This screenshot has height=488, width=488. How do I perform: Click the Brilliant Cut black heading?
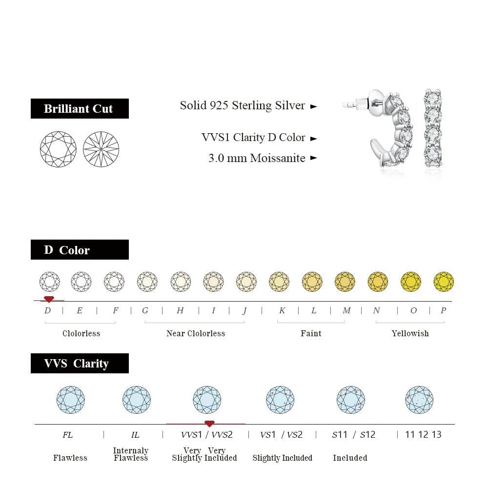tap(80, 108)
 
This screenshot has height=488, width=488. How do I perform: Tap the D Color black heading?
tap(80, 250)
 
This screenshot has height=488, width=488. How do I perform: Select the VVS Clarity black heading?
tap(80, 364)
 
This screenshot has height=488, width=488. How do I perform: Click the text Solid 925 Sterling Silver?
tap(243, 105)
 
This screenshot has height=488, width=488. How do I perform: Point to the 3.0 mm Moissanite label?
tap(257, 158)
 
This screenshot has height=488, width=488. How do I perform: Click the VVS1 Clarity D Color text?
tap(253, 138)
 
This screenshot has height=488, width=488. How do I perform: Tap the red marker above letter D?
tap(49, 299)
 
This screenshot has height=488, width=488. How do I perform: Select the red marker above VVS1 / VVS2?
tap(209, 424)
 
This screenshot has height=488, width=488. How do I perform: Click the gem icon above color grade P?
tap(444, 282)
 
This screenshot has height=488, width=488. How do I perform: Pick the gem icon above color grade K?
tap(279, 282)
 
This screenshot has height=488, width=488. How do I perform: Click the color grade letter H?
tap(180, 310)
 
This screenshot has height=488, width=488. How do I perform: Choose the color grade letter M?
tap(346, 310)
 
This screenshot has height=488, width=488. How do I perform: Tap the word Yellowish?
tap(410, 333)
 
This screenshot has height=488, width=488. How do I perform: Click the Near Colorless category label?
tap(196, 333)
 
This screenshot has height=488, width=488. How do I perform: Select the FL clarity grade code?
tap(68, 434)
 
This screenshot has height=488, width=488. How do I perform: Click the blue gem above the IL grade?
tap(137, 400)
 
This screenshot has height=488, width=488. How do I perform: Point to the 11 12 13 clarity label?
tap(423, 434)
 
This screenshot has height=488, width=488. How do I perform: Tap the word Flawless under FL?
tap(70, 458)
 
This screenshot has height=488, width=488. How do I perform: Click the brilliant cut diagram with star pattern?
tap(101, 149)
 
